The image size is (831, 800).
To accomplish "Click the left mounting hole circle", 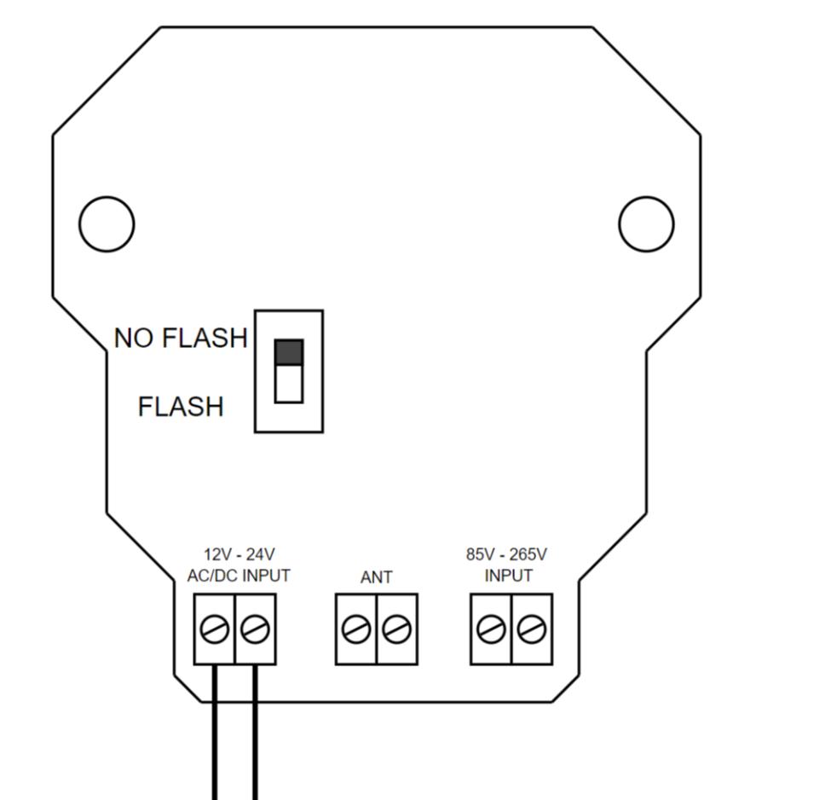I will [107, 224].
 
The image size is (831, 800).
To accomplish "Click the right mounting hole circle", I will [646, 224].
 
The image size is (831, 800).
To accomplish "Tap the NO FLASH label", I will [180, 339].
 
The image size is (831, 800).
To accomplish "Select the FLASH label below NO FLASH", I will [180, 407].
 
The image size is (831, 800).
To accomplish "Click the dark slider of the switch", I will [289, 352].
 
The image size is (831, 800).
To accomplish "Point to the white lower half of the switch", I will [289, 385].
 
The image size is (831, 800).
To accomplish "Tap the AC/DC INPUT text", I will [238, 576].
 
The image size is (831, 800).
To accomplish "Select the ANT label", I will [376, 577].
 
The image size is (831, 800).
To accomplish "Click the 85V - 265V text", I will [506, 554].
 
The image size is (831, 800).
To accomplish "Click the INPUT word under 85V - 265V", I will [508, 576].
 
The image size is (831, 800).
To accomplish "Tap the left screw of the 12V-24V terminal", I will [214, 630].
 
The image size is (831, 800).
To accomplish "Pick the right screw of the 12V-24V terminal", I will [254, 630].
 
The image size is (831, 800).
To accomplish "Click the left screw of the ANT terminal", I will [355, 630].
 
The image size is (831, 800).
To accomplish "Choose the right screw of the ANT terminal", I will [395, 630].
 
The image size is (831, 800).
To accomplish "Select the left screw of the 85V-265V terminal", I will [491, 630].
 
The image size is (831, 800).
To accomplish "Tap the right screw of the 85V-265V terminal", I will [531, 630].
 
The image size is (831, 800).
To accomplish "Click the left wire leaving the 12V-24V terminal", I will [214, 733].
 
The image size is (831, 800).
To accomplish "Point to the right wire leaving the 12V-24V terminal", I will [254, 733].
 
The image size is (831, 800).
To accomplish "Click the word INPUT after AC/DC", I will [266, 576].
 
